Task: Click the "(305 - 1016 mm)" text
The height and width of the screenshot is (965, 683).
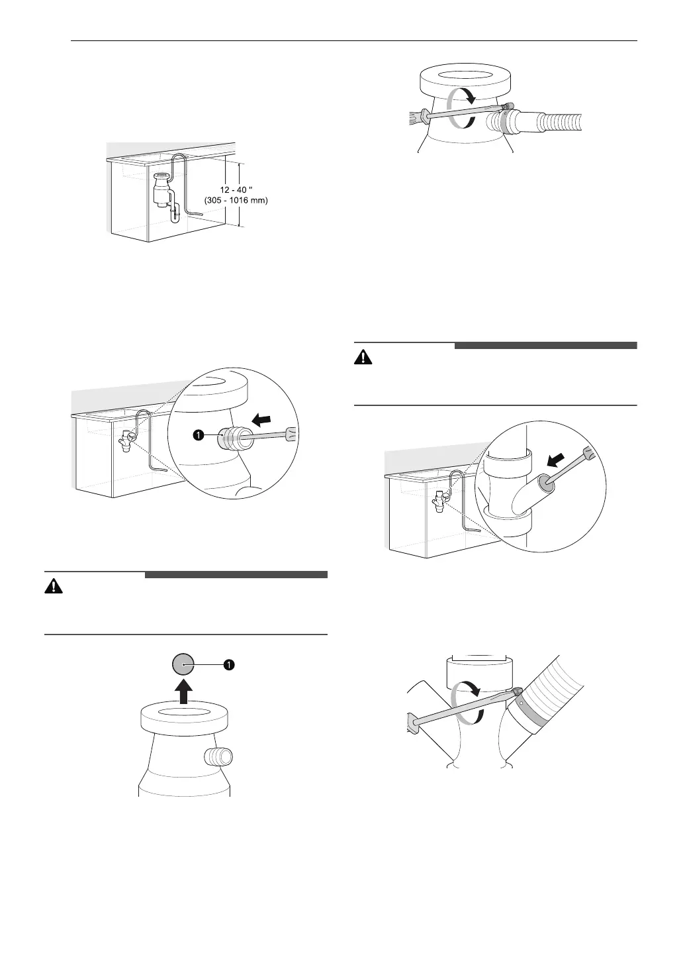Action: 234,201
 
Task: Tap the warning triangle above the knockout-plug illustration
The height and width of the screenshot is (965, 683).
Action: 52,586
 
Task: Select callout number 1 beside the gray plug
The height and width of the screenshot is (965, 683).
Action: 229,664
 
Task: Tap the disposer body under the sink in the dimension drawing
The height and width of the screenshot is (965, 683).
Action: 160,189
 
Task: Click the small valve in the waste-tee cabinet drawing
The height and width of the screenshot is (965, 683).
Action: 438,502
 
